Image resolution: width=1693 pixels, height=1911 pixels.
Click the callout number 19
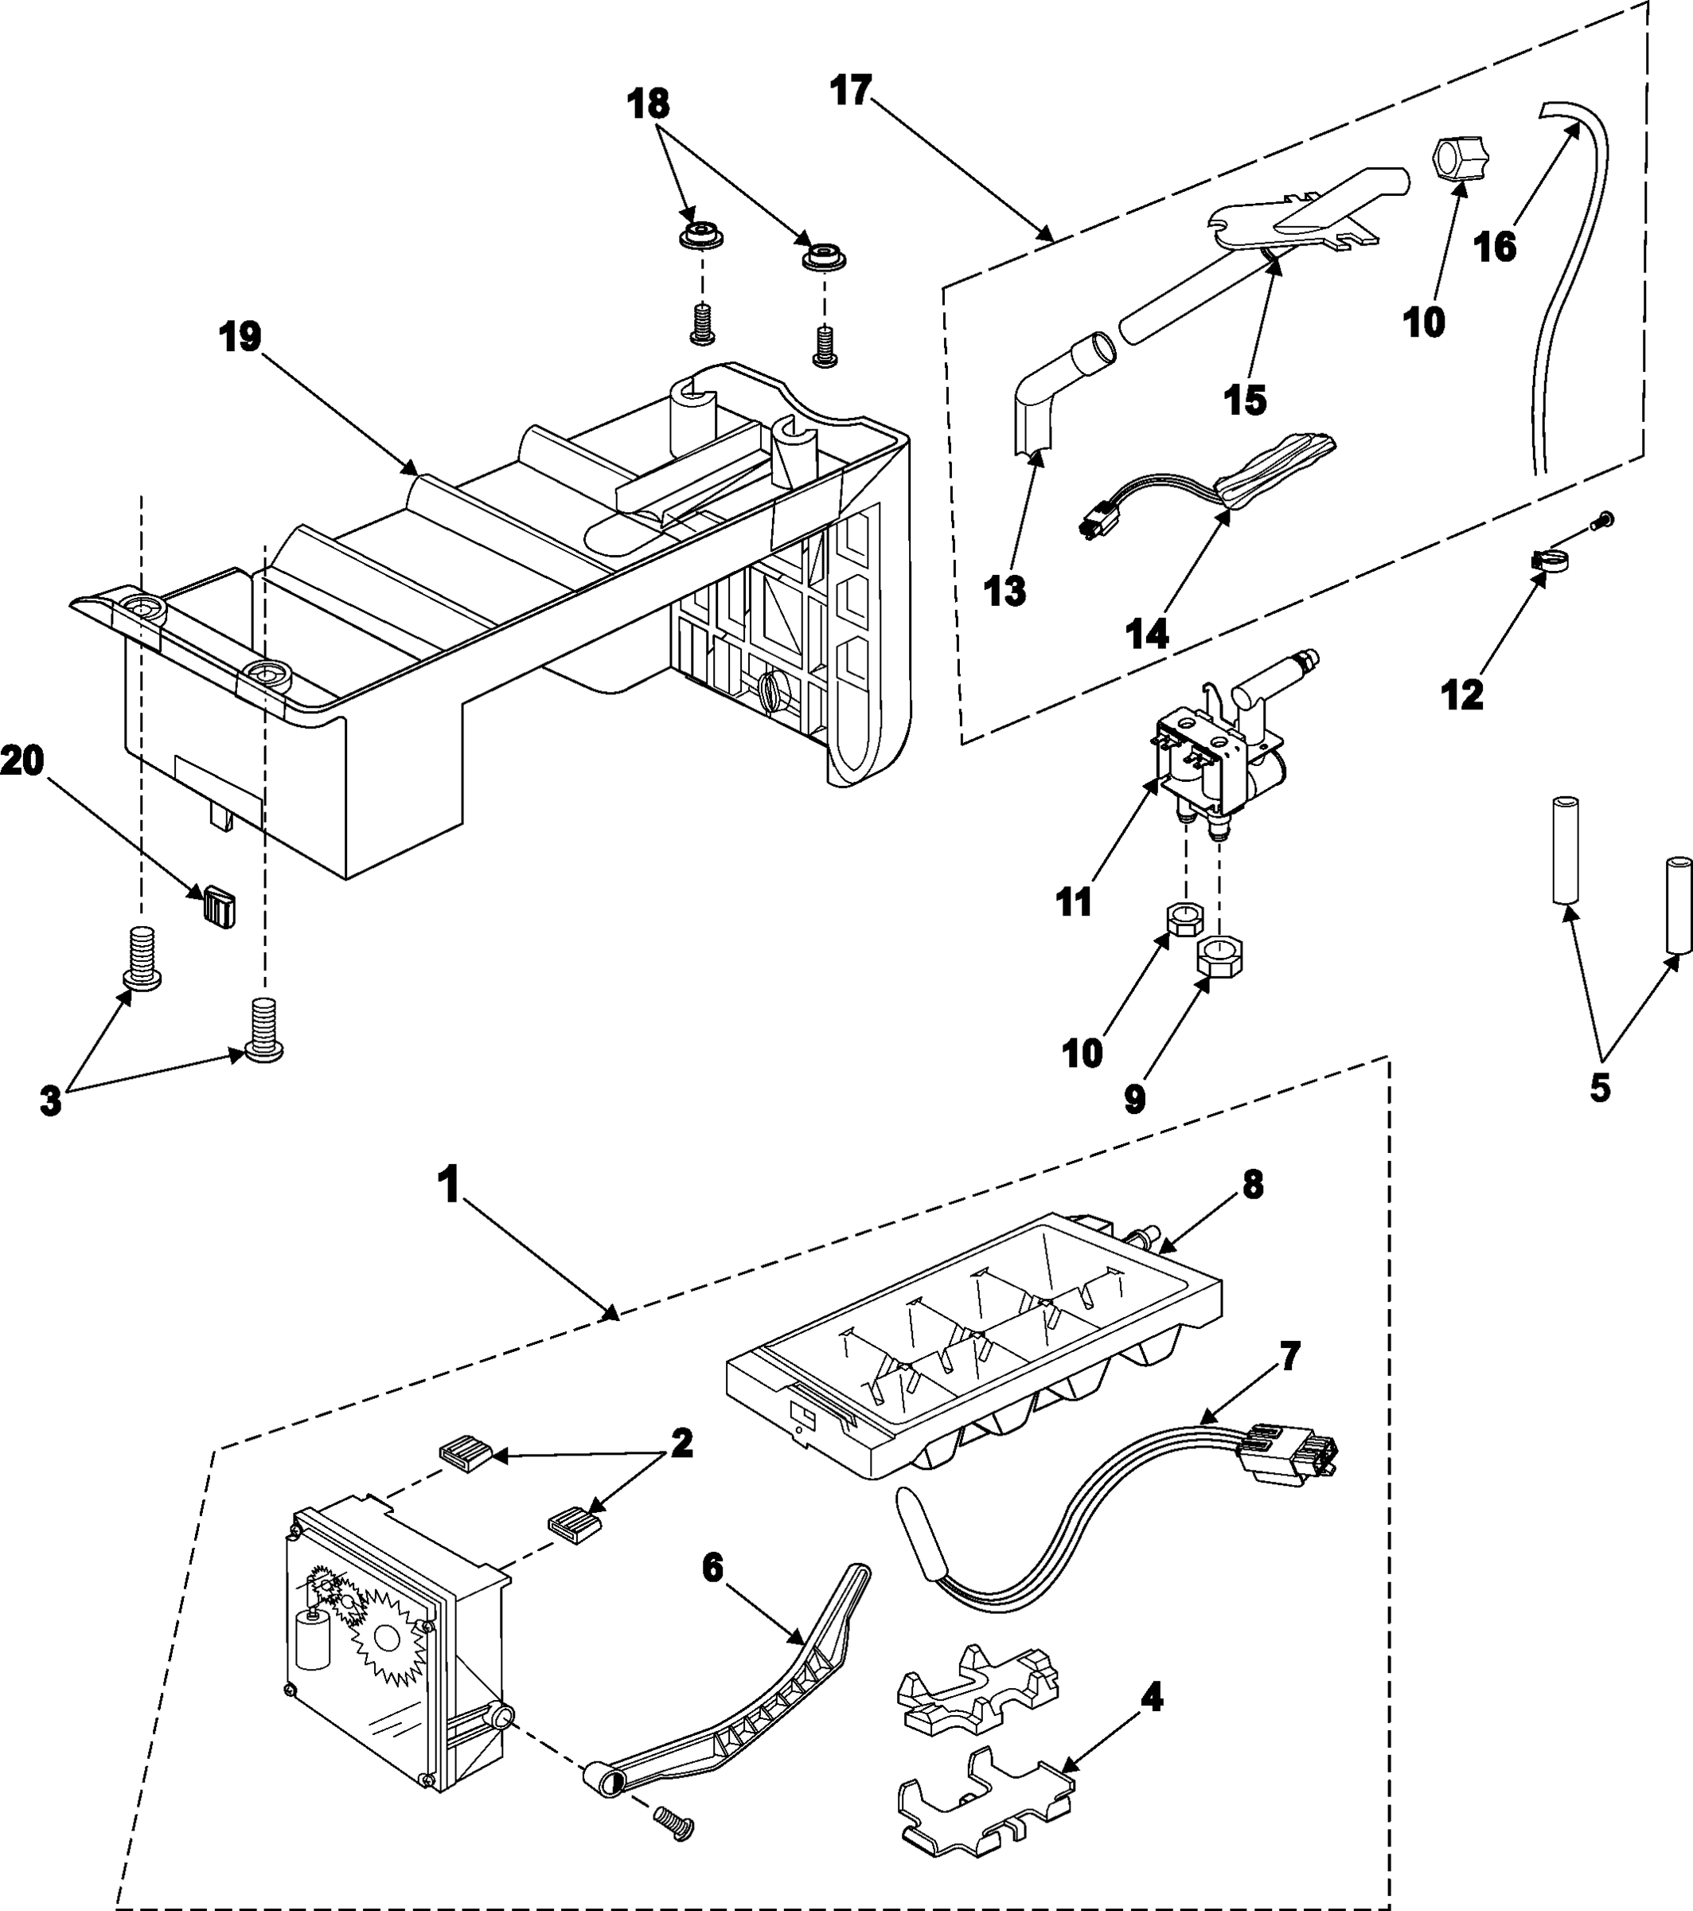pos(240,338)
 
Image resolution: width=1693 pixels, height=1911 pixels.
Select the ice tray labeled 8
pos(972,1346)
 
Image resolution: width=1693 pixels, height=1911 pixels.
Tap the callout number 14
pos(1147,635)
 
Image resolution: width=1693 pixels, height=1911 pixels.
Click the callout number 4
pos(1153,1697)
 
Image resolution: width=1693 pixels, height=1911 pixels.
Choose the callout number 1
pos(450,1186)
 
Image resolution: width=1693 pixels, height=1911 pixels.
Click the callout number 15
pos(1245,399)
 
